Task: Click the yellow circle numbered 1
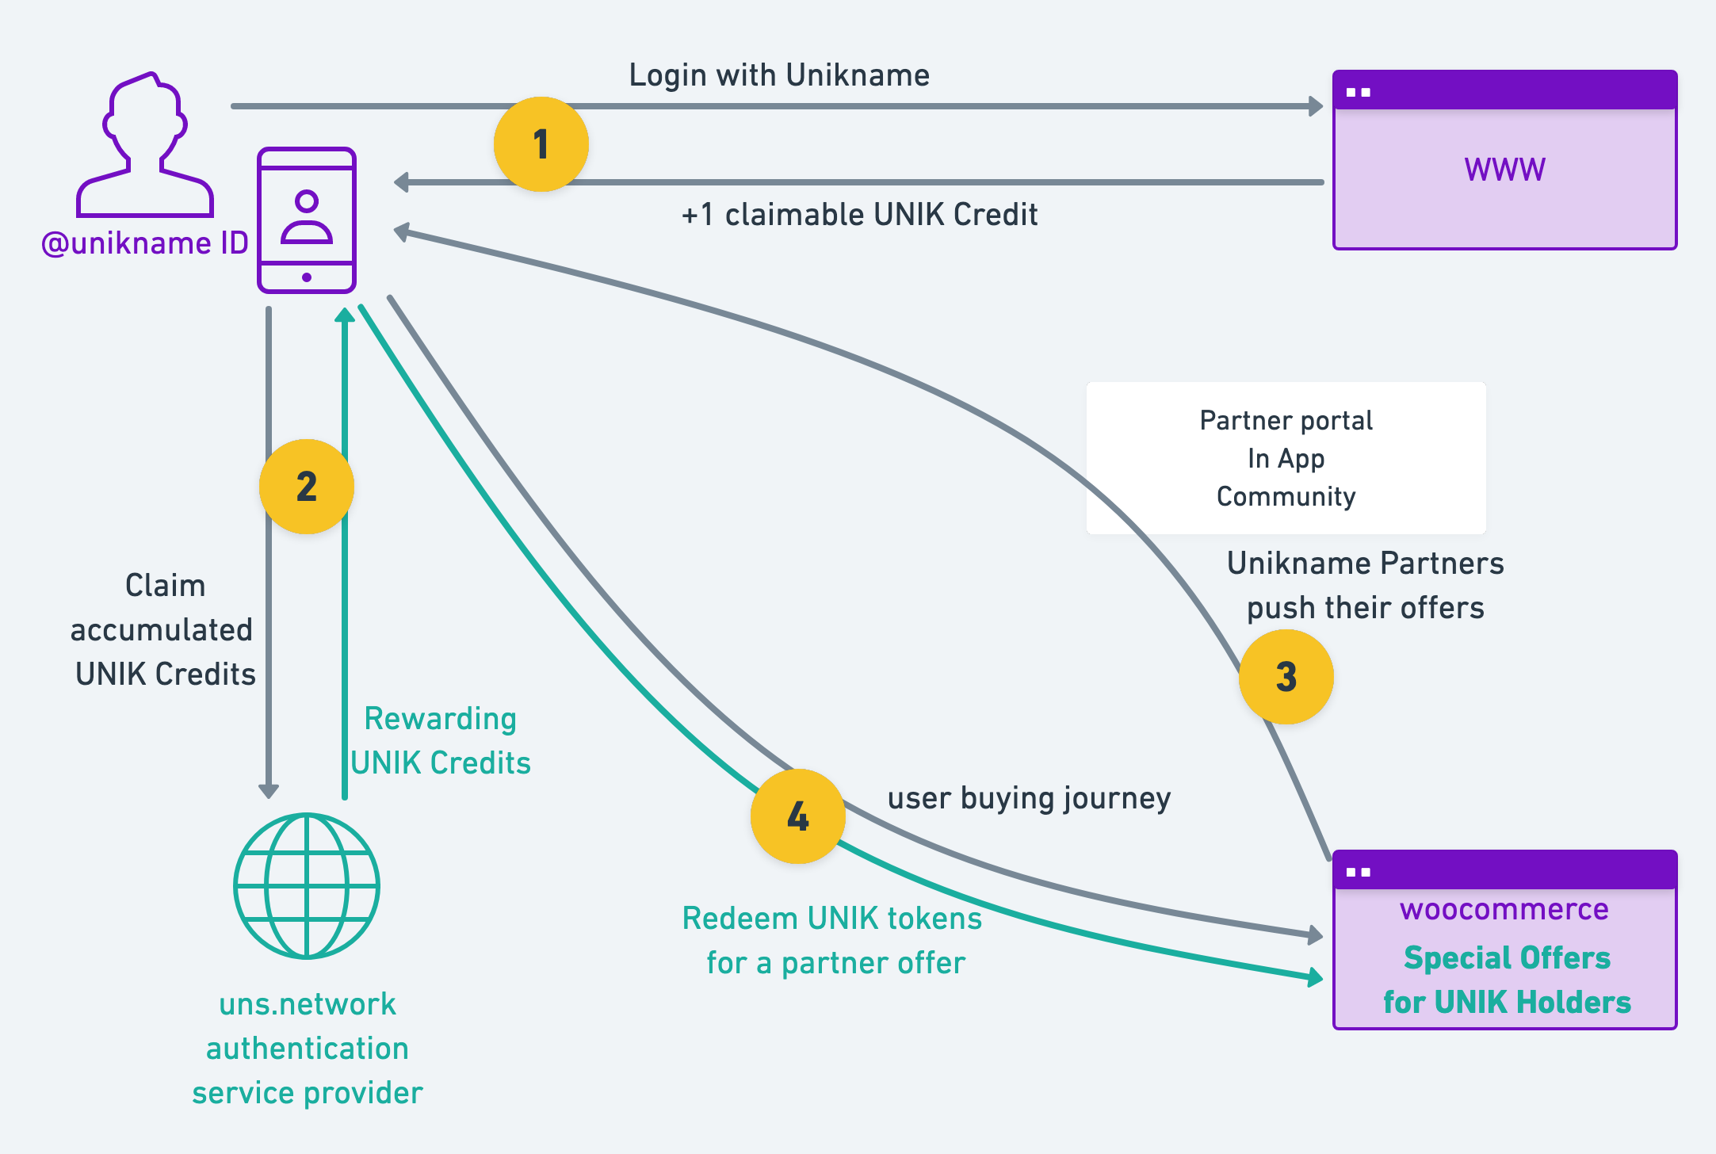[541, 144]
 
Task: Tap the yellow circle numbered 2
[307, 486]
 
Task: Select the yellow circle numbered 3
[1286, 677]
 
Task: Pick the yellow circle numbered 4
[797, 816]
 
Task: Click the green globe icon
[307, 885]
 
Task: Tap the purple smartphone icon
[307, 220]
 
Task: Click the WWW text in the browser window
[1504, 170]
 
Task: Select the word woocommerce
[1504, 909]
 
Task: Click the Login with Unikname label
[779, 75]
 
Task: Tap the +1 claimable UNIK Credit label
[859, 215]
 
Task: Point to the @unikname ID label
[145, 243]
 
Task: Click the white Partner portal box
[1286, 458]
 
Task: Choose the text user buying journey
[1029, 798]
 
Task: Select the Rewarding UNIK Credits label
[441, 740]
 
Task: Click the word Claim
[166, 586]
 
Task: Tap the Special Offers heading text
[1507, 957]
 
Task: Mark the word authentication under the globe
[308, 1049]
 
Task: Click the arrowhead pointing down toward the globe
[269, 790]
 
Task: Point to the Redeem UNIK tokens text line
[832, 919]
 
